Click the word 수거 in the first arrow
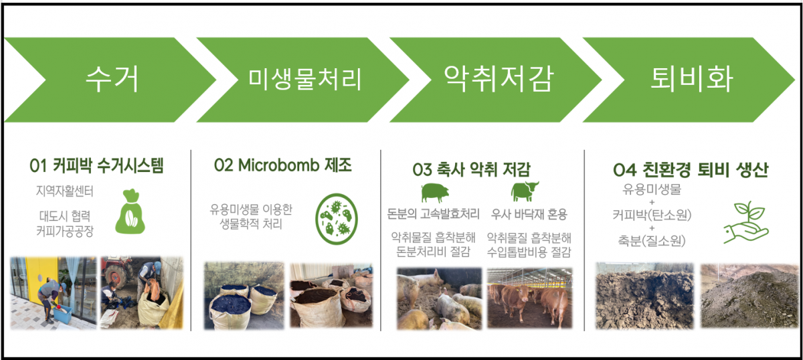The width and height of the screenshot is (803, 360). tap(112, 80)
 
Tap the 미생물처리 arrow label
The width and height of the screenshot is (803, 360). tap(304, 79)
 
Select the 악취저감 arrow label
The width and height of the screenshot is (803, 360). tap(499, 78)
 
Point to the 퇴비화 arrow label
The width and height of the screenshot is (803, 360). tap(691, 79)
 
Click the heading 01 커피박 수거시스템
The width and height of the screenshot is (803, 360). tap(96, 166)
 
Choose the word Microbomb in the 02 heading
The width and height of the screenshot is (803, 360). tap(278, 165)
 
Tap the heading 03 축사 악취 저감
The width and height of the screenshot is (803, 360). tap(471, 169)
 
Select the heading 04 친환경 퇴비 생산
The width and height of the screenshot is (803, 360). tap(691, 169)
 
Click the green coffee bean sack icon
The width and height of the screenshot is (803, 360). tap(130, 212)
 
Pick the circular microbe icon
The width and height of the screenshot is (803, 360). tap(336, 219)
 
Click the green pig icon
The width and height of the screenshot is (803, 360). tap(435, 193)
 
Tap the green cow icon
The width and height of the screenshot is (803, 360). tap(525, 191)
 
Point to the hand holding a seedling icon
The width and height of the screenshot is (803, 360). tap(745, 223)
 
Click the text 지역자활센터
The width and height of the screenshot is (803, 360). tap(64, 191)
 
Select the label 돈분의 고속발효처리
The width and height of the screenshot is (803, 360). tap(433, 214)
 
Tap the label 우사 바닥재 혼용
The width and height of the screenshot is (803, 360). tap(529, 214)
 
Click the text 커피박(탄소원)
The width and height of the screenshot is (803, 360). tap(652, 215)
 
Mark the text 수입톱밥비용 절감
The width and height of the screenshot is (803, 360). tap(529, 252)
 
